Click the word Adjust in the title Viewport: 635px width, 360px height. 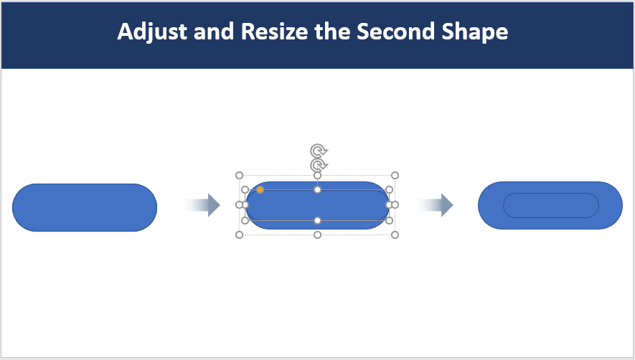tap(152, 32)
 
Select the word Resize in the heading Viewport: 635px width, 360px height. tap(275, 31)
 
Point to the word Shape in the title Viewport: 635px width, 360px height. tap(474, 32)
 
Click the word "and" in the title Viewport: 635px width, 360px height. tap(214, 31)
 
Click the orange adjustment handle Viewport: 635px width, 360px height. tap(260, 189)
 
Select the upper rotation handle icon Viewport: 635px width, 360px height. tap(319, 151)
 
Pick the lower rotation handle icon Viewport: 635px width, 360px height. tap(319, 165)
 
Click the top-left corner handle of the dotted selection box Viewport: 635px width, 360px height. tap(240, 176)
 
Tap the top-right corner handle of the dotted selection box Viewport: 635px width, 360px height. tap(395, 176)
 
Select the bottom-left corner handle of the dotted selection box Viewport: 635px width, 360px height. tap(240, 235)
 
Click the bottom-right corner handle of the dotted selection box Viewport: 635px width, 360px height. tap(395, 235)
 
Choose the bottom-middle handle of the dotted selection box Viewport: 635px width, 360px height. tap(317, 235)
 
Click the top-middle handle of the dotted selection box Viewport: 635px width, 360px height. tap(317, 176)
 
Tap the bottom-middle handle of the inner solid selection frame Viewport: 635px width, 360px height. tap(317, 221)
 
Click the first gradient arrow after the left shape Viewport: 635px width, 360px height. tap(202, 205)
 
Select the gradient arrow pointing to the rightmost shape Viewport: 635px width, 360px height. tap(435, 205)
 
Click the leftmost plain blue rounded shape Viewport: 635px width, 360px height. tap(85, 208)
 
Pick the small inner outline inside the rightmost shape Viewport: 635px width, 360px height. tap(551, 194)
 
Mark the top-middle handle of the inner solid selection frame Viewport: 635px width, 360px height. tap(317, 189)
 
